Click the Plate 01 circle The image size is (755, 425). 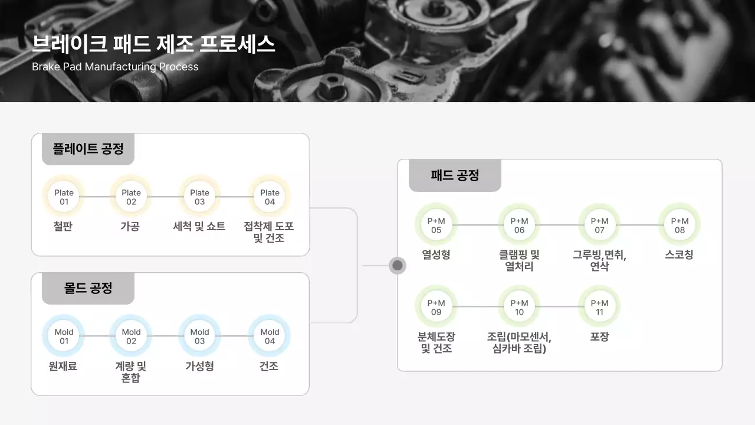click(64, 197)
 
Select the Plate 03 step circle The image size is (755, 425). click(199, 197)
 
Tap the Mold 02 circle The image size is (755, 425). click(131, 336)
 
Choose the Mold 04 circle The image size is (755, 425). click(270, 336)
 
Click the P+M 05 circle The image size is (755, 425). click(436, 225)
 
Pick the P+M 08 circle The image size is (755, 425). click(679, 225)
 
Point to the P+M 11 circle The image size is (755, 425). click(599, 308)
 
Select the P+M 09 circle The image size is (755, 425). click(436, 308)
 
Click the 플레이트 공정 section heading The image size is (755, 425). click(88, 149)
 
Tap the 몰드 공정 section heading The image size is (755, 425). click(88, 288)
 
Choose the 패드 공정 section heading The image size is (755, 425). click(455, 175)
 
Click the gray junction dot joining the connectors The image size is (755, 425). click(398, 266)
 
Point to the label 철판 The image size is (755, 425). click(63, 227)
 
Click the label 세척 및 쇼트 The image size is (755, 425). click(199, 227)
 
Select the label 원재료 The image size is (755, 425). click(63, 367)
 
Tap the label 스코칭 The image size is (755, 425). click(679, 255)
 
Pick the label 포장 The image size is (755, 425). click(599, 337)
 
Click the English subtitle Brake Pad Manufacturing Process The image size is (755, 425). click(115, 67)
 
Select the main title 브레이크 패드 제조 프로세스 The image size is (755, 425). click(153, 44)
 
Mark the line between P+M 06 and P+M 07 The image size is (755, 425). click(559, 225)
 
